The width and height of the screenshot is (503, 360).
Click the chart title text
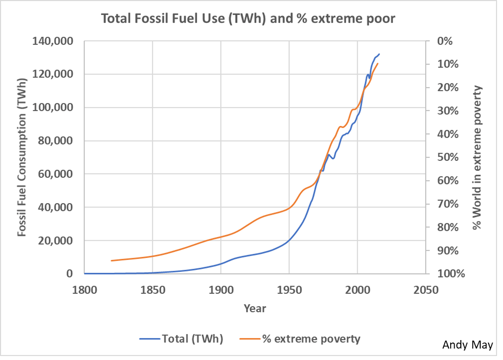[248, 19]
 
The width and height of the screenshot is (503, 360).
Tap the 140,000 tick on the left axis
[54, 41]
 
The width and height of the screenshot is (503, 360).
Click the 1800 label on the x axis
[84, 290]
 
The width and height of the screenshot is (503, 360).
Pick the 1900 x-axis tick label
[221, 290]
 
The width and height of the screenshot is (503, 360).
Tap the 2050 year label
[425, 290]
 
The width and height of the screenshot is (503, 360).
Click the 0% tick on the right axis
[444, 41]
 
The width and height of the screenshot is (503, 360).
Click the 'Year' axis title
[255, 309]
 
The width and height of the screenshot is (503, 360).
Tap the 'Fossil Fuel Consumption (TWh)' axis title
[21, 158]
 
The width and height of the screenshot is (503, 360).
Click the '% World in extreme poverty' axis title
[478, 157]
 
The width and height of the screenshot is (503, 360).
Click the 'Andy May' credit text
[468, 345]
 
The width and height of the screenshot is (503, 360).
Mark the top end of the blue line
[379, 54]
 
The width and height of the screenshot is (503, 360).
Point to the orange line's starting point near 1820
[112, 260]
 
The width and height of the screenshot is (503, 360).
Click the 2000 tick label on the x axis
[357, 290]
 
